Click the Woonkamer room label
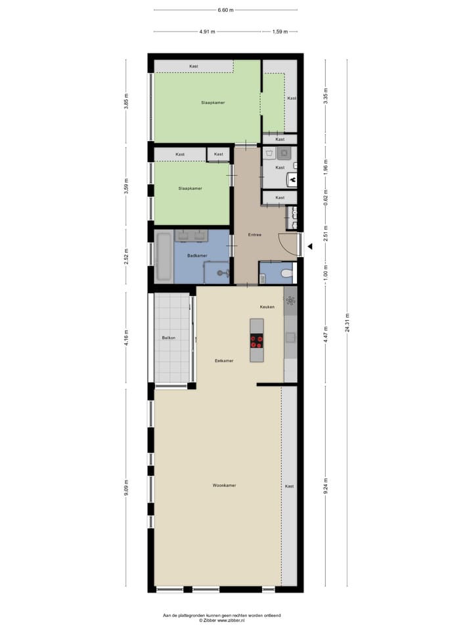coord(224,485)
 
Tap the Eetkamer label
coord(224,360)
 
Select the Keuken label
coord(267,306)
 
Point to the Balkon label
coord(167,338)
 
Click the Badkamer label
coord(197,255)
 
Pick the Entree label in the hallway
coord(254,234)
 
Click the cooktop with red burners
coord(257,341)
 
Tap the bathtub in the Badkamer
coord(164,257)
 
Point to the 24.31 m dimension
coord(348,324)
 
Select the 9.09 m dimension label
coord(127,488)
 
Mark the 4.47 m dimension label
coord(325,337)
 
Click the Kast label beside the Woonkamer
coord(289,486)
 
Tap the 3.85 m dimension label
coord(127,102)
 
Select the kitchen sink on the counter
coord(290,337)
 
